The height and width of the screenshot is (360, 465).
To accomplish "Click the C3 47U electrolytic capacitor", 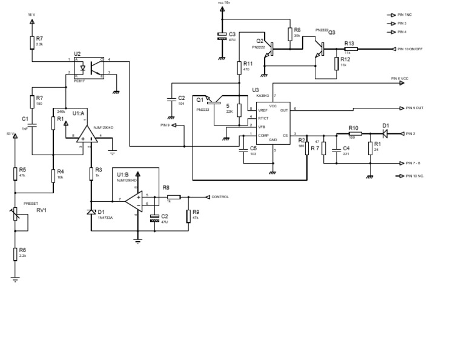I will point(222,37).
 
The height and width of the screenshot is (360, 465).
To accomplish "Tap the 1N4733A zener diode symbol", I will point(91,212).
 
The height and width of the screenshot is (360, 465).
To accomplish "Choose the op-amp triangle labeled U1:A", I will point(85,136).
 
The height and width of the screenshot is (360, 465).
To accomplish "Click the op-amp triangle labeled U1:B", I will point(136,199).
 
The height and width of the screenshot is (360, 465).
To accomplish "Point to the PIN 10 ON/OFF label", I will point(411,49).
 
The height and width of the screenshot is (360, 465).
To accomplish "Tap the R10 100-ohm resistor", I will point(355,134).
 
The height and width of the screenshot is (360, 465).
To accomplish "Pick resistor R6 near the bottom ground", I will point(16,253).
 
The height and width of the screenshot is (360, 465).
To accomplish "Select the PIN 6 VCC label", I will point(400,79).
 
